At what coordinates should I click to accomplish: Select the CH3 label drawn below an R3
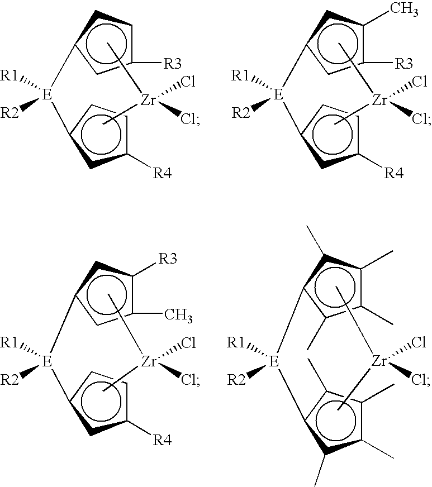pos(178,315)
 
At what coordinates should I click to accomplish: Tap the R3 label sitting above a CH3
pos(168,259)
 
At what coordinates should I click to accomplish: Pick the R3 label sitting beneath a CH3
pos(404,64)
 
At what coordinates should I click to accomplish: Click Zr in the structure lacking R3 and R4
pos(379,361)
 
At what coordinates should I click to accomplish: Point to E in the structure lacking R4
pos(273,361)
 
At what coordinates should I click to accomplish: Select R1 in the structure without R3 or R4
pos(236,342)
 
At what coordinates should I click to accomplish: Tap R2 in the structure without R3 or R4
pos(236,380)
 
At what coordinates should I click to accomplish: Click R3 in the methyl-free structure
pos(173,64)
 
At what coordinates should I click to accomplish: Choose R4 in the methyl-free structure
pos(162,173)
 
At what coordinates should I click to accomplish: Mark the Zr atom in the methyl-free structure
pos(148,100)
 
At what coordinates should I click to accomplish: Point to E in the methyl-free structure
pos(46,94)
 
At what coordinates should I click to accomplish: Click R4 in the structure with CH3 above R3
pos(394,173)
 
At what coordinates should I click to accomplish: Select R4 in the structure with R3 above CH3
pos(162,441)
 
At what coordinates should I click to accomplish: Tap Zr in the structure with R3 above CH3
pos(148,361)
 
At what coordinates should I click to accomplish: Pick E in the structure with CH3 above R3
pos(278,94)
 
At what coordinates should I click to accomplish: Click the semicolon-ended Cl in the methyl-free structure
pos(190,119)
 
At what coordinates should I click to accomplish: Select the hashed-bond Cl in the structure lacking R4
pos(419,342)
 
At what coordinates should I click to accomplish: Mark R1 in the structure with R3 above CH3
pos(10,342)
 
